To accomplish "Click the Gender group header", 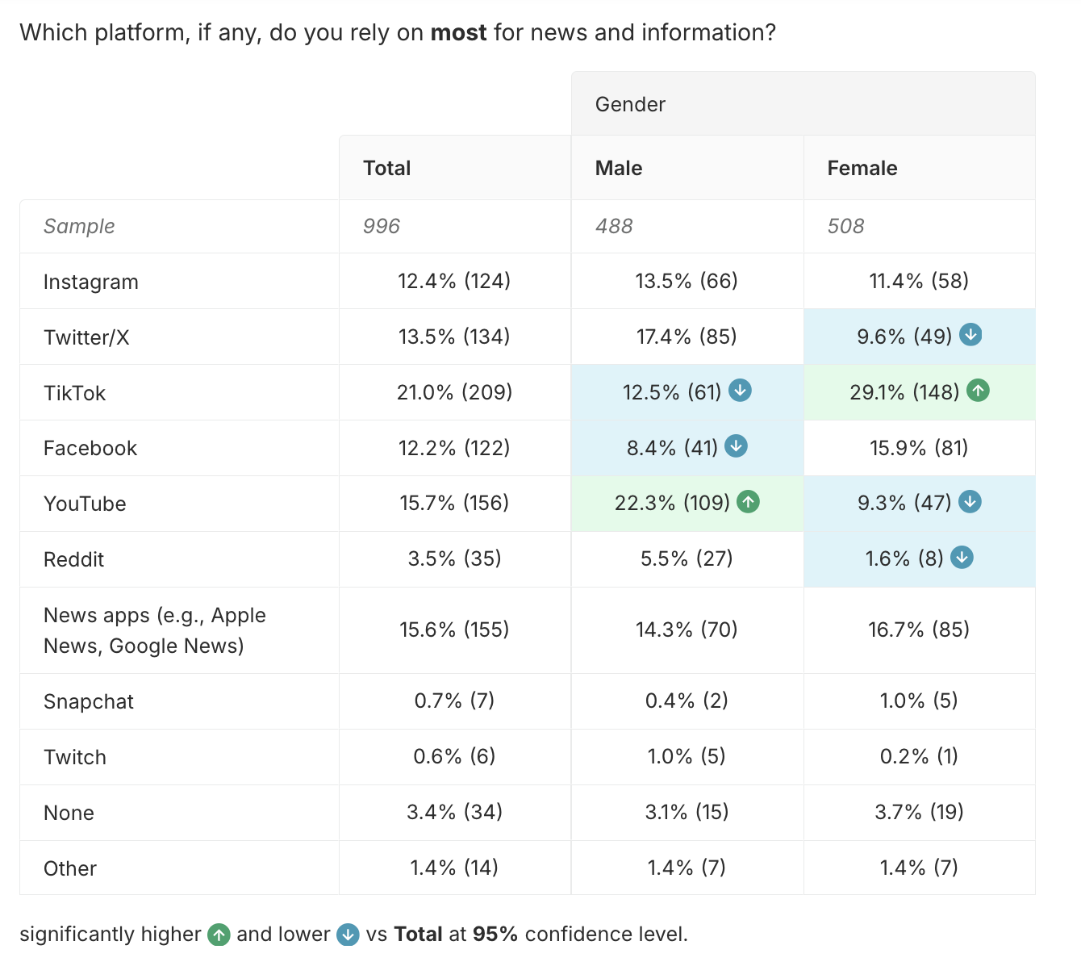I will click(x=630, y=104).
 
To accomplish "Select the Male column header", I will click(x=619, y=168).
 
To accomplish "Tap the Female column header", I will click(x=862, y=168).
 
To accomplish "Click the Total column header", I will click(x=386, y=168).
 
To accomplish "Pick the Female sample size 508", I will click(x=845, y=226).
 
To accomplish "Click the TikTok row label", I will click(x=74, y=393).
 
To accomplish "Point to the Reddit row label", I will click(x=73, y=559).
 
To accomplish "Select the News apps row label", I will click(x=154, y=630).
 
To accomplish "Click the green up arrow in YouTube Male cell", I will click(x=749, y=502).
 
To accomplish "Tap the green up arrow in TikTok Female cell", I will click(x=978, y=391).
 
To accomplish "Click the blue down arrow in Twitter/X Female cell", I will click(x=970, y=334).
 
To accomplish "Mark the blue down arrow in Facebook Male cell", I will click(x=736, y=445).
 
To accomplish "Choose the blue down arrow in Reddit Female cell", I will click(x=962, y=557).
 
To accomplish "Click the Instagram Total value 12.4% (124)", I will click(x=454, y=281).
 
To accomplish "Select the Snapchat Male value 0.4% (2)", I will click(x=687, y=701).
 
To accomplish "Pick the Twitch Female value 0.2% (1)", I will click(x=919, y=756).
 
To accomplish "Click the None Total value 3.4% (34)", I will click(x=454, y=812).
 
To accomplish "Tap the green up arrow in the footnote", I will click(x=219, y=935).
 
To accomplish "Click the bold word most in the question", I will click(x=458, y=32).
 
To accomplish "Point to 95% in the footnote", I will click(x=495, y=935).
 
